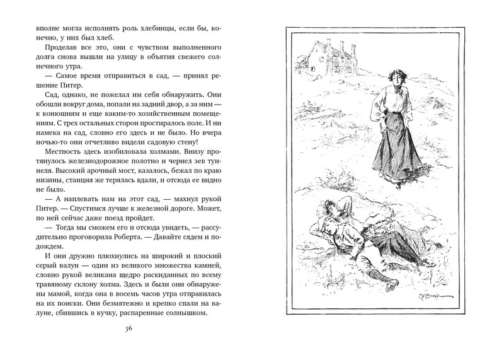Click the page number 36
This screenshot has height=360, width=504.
coord(129,328)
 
